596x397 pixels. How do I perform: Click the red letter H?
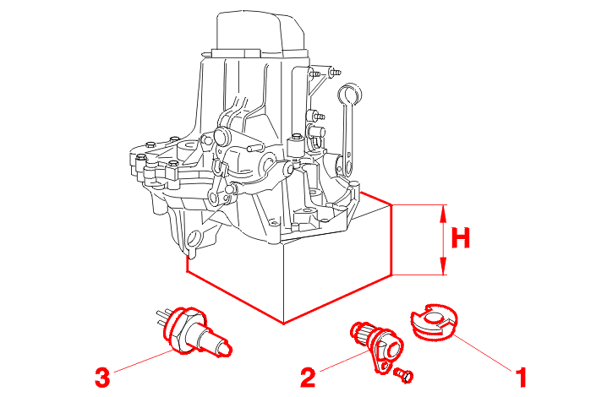460,240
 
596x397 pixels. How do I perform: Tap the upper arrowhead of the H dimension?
443,212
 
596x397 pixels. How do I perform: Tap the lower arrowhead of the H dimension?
443,269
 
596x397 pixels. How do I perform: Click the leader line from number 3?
144,359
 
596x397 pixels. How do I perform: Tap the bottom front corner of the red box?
285,324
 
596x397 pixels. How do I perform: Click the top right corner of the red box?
391,205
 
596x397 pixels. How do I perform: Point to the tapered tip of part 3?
227,346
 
